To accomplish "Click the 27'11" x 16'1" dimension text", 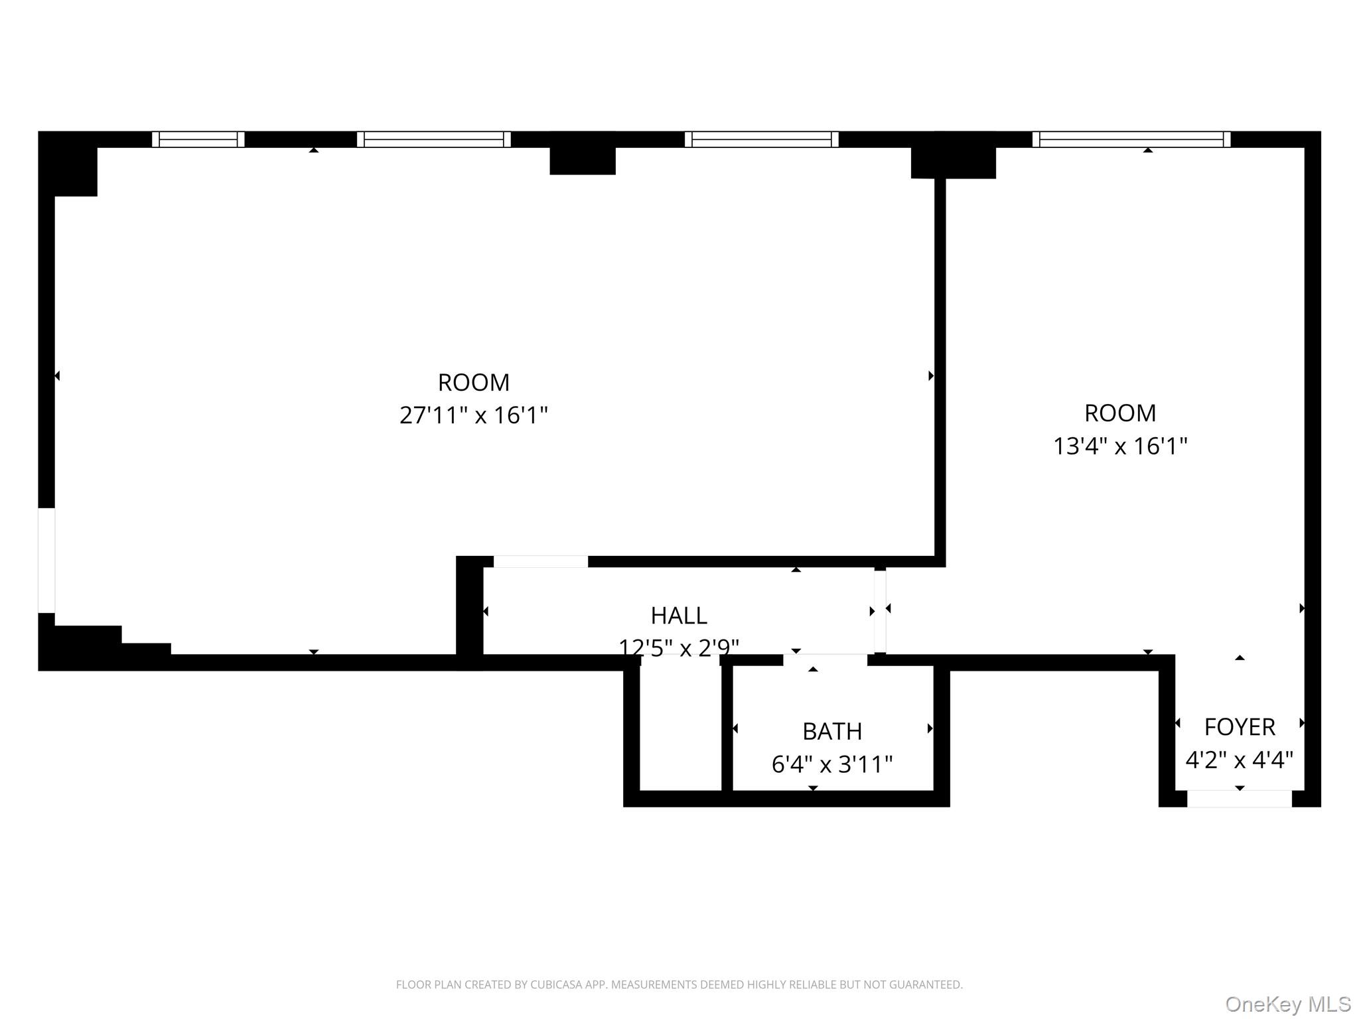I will [473, 415].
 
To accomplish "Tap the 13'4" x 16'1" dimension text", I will [1120, 446].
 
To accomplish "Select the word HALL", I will [678, 616].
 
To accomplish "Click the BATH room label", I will [832, 731].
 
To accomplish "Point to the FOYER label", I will [1239, 727].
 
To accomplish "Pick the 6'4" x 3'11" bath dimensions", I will [832, 764].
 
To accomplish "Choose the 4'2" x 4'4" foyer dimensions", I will [1239, 760].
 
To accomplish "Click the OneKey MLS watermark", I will [1287, 1004].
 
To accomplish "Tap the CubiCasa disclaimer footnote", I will [679, 985].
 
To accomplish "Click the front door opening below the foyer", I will [1239, 799].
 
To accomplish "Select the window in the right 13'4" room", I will [1131, 139].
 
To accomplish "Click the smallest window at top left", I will [198, 139].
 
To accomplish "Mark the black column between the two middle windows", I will [583, 159].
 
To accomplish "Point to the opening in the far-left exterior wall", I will [46, 561].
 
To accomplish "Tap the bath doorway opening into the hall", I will [825, 659].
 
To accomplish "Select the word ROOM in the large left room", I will [473, 382].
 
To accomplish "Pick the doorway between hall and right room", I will [880, 611].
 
